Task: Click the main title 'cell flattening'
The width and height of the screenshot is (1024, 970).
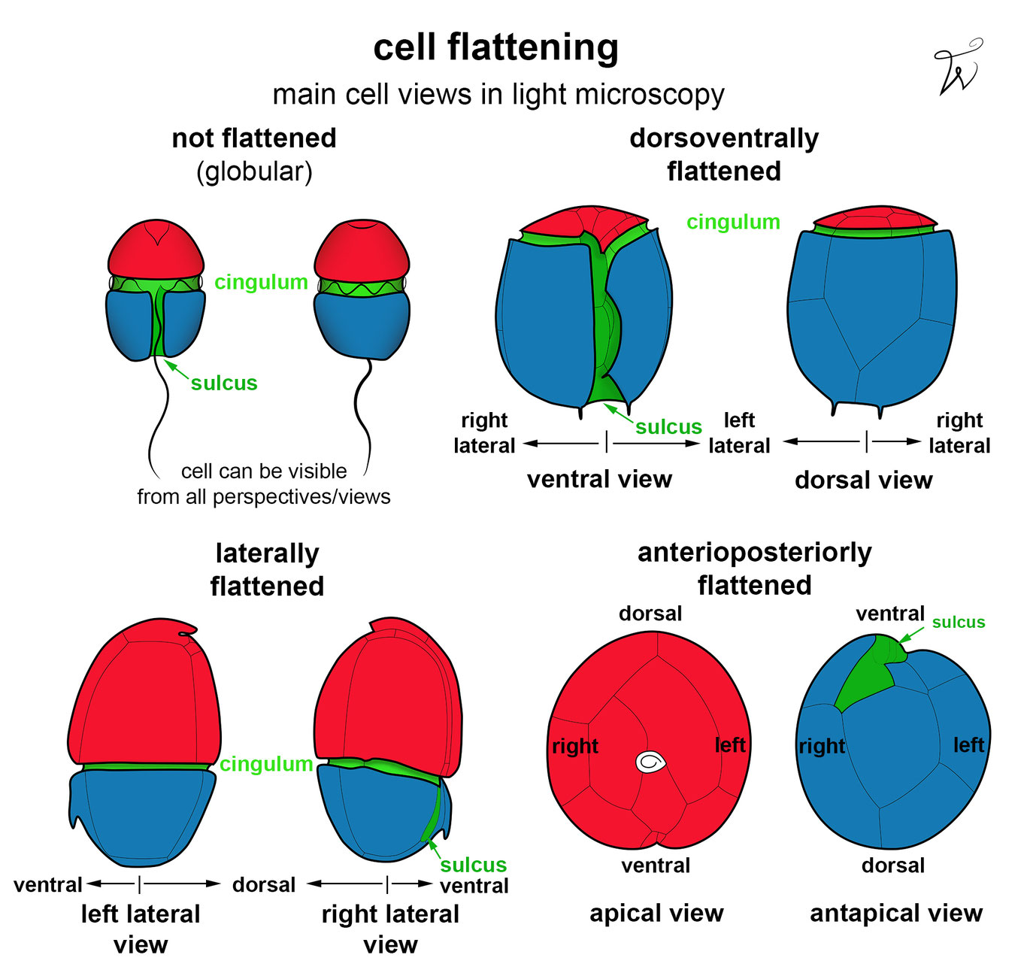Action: (x=496, y=48)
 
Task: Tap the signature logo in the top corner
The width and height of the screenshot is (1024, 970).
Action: (x=956, y=68)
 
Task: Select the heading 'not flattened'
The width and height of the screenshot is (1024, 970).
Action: (x=254, y=138)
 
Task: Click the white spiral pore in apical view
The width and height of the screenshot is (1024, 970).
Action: (x=650, y=762)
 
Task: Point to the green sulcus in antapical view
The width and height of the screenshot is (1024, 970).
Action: (x=868, y=672)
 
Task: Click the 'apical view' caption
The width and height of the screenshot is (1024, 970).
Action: (x=656, y=913)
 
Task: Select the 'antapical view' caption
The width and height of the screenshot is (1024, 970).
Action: (x=896, y=913)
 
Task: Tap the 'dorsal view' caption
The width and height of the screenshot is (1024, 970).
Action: (x=863, y=480)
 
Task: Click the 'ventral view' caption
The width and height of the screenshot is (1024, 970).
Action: (x=599, y=479)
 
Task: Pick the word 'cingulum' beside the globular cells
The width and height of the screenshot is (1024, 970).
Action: (x=261, y=282)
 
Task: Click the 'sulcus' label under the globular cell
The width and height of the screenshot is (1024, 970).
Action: (x=224, y=383)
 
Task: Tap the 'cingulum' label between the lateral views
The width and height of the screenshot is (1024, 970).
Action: (x=266, y=764)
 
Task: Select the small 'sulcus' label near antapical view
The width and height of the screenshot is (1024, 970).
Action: (x=958, y=623)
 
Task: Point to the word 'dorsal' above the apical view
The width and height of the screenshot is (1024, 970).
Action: (x=650, y=614)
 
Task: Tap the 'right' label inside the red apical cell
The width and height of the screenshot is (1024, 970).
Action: (x=575, y=746)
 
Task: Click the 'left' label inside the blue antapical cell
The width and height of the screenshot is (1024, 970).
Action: (x=968, y=744)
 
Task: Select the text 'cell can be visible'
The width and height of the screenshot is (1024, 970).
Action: (x=264, y=471)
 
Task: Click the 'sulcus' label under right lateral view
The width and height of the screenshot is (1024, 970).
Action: (x=473, y=865)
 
